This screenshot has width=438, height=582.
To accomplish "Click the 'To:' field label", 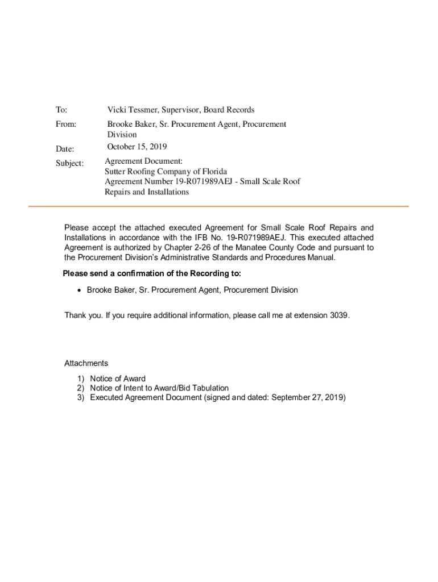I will tap(61, 110).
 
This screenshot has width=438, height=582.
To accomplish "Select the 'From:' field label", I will tap(65, 124).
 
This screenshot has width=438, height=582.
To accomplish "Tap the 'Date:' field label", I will tap(65, 149).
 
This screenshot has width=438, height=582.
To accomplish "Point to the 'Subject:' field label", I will tap(69, 163).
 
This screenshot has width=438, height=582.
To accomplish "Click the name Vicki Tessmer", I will tap(133, 110).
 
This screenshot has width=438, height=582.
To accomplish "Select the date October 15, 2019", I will tap(137, 147).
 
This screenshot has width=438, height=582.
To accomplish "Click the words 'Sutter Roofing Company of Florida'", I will tap(166, 172).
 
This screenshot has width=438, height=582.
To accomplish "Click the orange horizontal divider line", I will tap(218, 206).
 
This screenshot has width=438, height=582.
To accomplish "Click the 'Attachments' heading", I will tap(86, 363).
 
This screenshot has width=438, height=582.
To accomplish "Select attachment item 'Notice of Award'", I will tap(118, 379).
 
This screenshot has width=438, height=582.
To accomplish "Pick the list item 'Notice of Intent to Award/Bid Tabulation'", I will tap(159, 388).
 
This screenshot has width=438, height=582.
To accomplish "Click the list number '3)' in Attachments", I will tap(81, 397).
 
